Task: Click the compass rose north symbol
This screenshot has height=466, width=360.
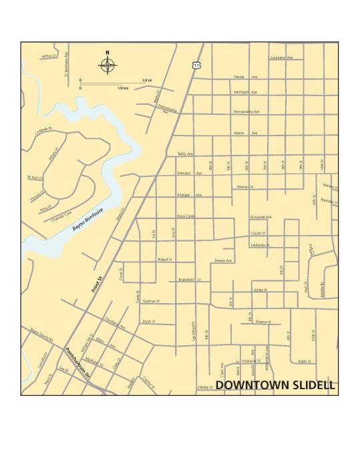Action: click(x=107, y=64)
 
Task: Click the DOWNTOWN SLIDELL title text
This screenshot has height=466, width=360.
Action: click(x=275, y=387)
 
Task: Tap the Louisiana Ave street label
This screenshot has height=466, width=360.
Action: click(x=281, y=58)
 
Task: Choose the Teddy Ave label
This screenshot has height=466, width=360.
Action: click(x=185, y=154)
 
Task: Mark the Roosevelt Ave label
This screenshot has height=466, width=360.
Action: click(x=260, y=217)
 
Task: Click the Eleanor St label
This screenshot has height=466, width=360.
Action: click(x=262, y=322)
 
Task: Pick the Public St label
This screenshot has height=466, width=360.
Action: click(x=305, y=361)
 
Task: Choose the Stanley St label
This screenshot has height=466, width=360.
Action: click(x=204, y=387)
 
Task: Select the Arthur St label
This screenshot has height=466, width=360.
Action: click(x=48, y=56)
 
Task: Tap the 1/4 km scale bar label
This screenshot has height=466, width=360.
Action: click(x=123, y=88)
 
